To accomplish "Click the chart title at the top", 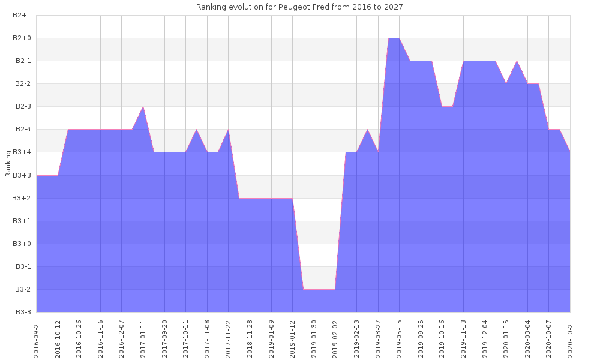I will [299, 7].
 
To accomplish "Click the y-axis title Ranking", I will [8, 164].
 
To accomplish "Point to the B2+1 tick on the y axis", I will [22, 16].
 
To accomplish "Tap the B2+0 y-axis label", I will [22, 38].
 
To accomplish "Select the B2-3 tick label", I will [22, 107].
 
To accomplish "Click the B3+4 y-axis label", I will [22, 152].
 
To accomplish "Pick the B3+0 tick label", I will [22, 244].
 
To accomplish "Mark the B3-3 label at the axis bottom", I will [22, 312].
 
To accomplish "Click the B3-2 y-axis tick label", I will [22, 289].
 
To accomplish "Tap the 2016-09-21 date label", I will [37, 339].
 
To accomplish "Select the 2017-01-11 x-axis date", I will [143, 339].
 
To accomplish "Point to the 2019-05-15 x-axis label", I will [400, 339].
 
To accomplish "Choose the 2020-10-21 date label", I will [570, 339].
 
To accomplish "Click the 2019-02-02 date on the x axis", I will [335, 339].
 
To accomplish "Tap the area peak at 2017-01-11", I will [143, 107].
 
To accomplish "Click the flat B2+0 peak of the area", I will [394, 39].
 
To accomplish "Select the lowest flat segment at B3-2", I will [319, 290].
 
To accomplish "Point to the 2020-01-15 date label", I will [506, 339].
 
